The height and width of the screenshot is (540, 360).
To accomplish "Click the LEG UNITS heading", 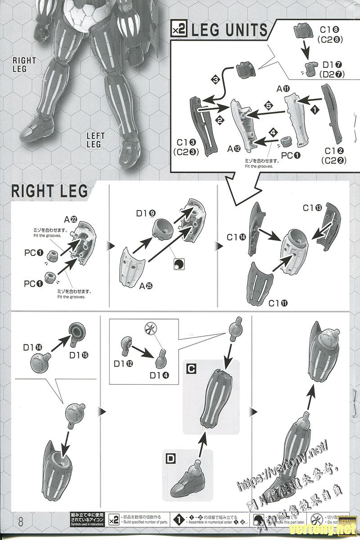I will [x=229, y=31].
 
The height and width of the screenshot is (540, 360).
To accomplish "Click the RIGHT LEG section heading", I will [x=49, y=190].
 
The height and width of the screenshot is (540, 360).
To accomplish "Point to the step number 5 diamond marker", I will [x=268, y=106].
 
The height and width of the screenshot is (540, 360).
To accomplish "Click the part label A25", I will [x=146, y=285].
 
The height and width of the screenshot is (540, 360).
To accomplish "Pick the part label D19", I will [x=144, y=213].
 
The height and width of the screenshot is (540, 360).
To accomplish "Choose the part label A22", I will [x=70, y=220].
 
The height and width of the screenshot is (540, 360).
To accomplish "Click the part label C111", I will [x=278, y=303].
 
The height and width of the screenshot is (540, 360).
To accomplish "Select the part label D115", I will [x=79, y=355].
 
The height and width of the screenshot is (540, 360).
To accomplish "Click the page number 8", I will [x=20, y=522].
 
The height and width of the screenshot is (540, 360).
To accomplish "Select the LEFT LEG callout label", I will [x=95, y=139].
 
